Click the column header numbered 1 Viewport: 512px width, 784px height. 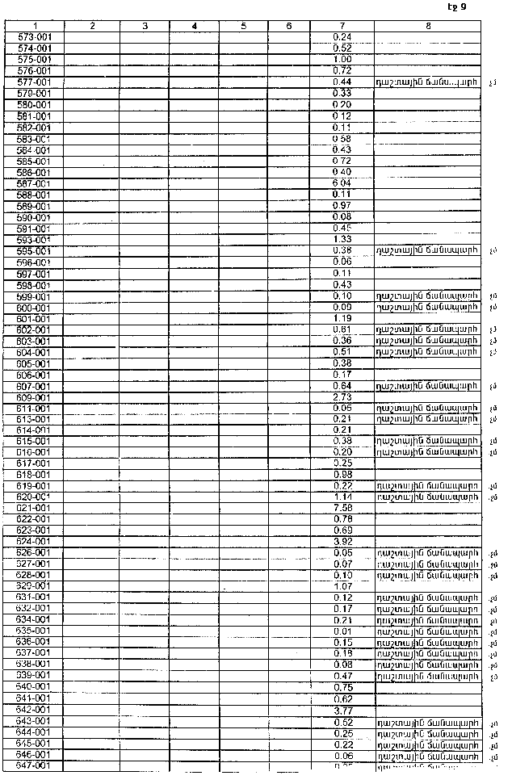coord(36,27)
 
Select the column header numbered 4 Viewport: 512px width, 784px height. coord(195,27)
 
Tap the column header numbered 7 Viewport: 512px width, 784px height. coord(342,27)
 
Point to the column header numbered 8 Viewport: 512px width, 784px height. coord(427,27)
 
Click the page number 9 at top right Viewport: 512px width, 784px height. coord(463,7)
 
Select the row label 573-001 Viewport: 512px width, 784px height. coord(35,37)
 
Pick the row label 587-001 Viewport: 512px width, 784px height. coord(35,183)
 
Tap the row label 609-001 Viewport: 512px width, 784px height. coord(35,397)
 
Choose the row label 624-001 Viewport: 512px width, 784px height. coord(35,541)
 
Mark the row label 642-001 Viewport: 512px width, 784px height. coord(35,709)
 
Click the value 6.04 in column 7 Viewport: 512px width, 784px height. coord(342,183)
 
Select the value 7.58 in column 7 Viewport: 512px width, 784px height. coord(342,507)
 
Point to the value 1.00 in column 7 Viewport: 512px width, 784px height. coord(342,60)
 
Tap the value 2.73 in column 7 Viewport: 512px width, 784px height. coord(342,397)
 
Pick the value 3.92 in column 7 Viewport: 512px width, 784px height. coord(342,541)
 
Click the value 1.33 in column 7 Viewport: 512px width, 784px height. coord(342,239)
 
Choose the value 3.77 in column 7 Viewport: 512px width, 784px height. coord(342,709)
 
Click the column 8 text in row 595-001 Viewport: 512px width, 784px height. coord(427,250)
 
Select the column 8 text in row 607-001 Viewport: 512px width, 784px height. coord(427,386)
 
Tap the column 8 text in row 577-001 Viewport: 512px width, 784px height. coord(427,82)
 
